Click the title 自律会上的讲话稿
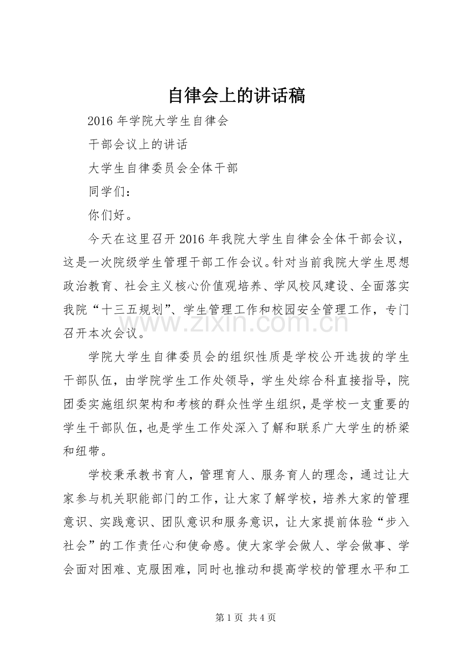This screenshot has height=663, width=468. [x=237, y=95]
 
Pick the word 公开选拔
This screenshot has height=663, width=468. [x=341, y=357]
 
